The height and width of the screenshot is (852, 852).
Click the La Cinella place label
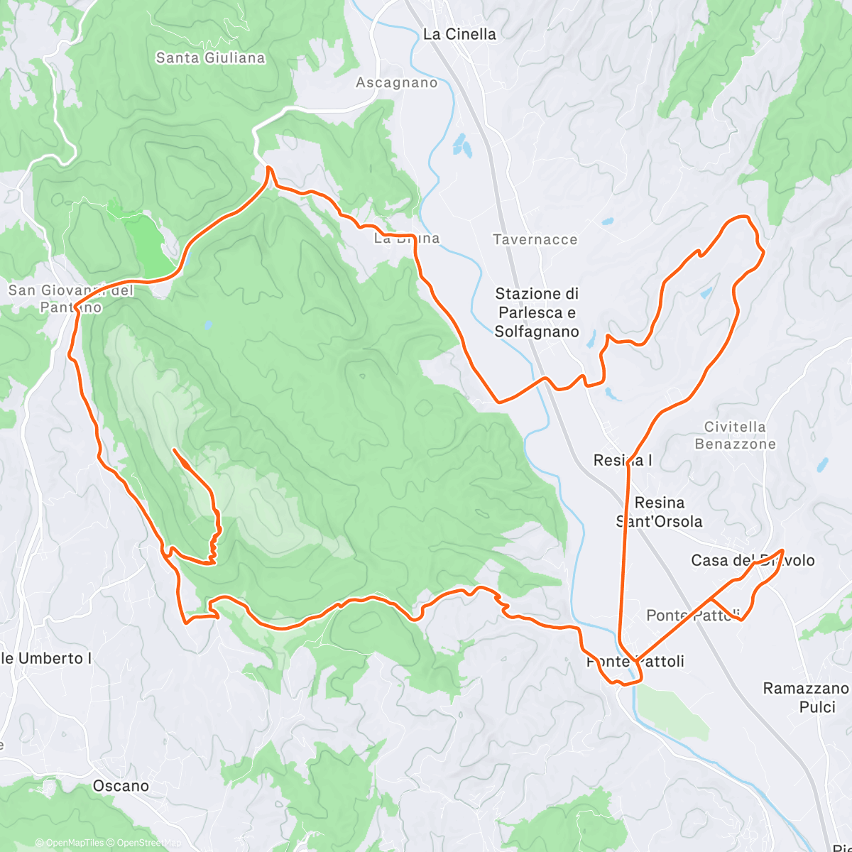(459, 34)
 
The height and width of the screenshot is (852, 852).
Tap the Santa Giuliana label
(210, 58)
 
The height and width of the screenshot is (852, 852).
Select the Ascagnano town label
(396, 83)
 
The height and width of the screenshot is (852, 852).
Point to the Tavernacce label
(535, 240)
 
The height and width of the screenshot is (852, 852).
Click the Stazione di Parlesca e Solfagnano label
(537, 312)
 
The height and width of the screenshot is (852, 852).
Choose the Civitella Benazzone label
(735, 435)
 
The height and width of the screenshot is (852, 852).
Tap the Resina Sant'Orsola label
(660, 512)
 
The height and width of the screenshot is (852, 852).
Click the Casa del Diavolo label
(753, 560)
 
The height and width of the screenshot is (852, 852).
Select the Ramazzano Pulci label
(805, 697)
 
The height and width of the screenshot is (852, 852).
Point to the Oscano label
(121, 786)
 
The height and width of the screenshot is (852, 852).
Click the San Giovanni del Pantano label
(70, 299)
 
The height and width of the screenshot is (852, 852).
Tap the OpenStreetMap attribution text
(146, 843)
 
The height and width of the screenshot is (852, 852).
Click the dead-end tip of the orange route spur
(174, 449)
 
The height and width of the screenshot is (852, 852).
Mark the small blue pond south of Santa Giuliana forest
(207, 325)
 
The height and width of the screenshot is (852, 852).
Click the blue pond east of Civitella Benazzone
(821, 465)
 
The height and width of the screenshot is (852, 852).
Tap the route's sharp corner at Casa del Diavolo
(782, 550)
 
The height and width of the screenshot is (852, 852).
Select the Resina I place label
(623, 461)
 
